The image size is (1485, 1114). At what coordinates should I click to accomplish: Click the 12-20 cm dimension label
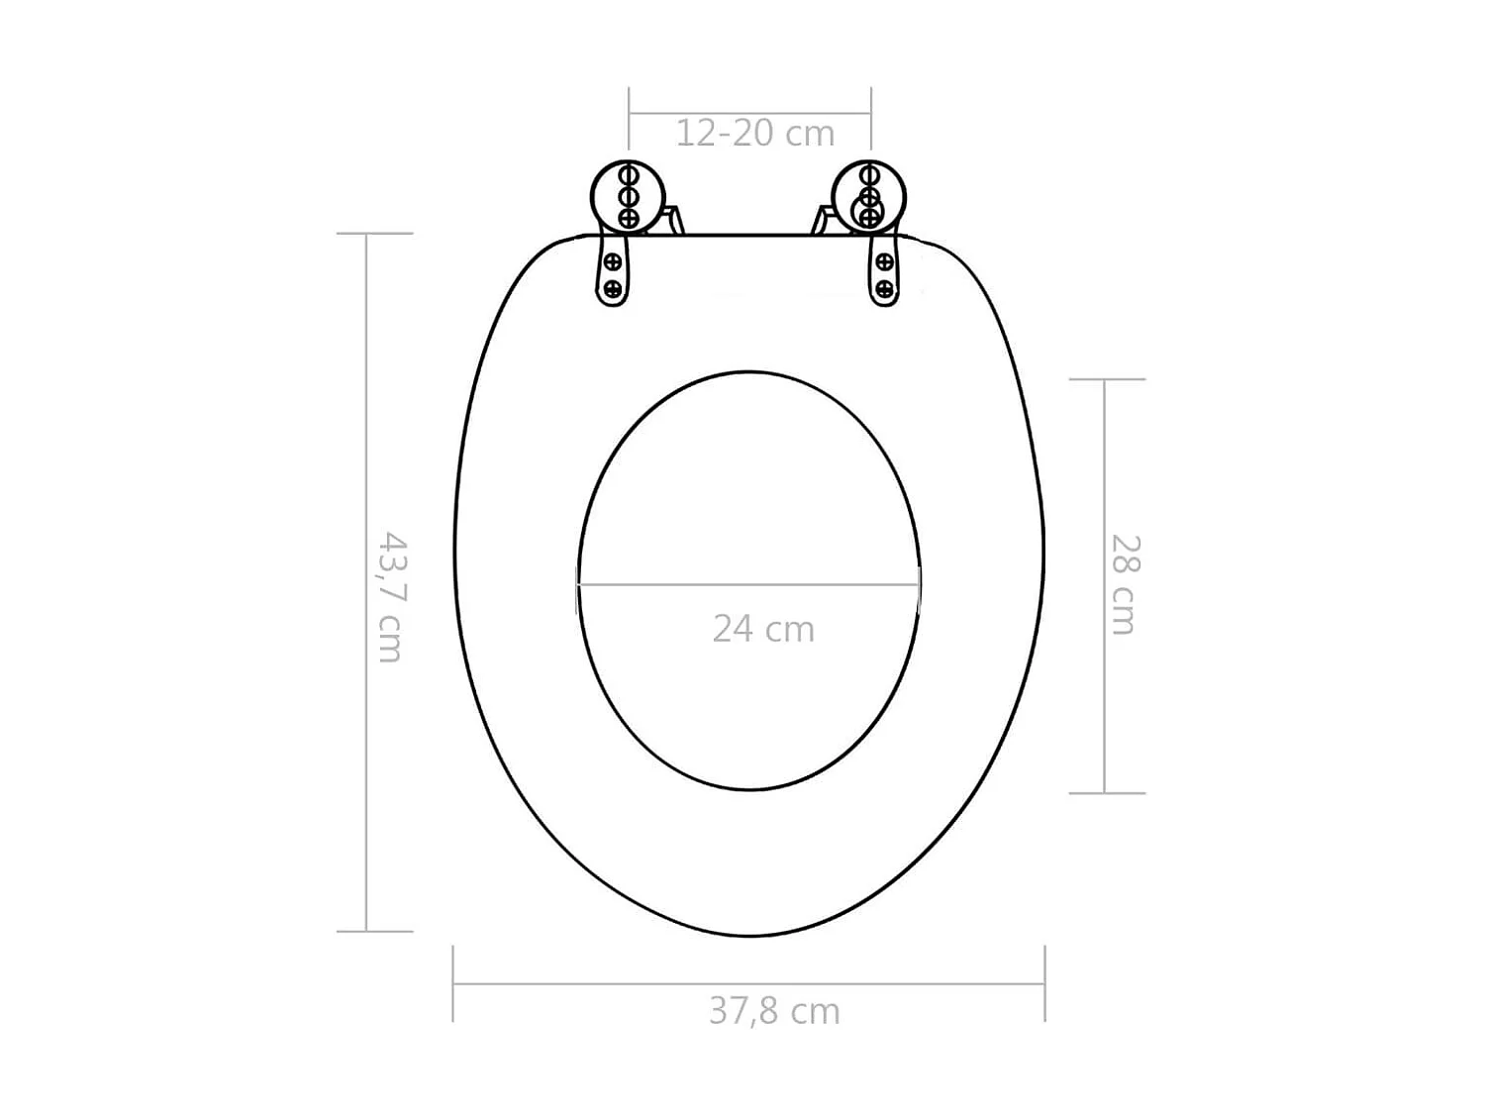(754, 133)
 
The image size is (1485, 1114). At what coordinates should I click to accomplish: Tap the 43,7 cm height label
(392, 597)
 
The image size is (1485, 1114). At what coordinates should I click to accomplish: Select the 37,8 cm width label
(774, 1011)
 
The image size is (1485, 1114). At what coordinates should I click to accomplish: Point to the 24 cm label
(763, 629)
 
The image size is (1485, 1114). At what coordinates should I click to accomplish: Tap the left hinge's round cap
(627, 196)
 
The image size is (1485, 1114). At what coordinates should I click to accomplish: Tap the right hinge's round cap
(869, 196)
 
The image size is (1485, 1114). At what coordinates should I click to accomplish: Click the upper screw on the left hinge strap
(613, 262)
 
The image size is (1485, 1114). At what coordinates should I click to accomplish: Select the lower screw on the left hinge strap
(613, 288)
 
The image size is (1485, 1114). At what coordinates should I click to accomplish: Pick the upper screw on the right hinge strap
(885, 262)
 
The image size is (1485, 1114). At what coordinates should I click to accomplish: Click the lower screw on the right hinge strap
(885, 288)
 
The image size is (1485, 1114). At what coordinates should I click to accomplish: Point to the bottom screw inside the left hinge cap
(628, 216)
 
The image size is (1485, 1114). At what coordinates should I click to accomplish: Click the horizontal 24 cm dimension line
(748, 584)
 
